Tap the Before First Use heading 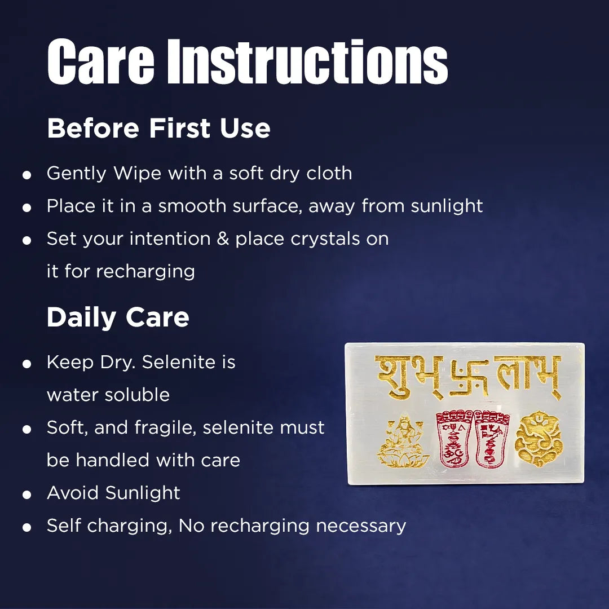158,129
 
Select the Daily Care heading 118,317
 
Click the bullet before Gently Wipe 27,175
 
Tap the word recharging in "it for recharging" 145,272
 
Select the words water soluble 108,395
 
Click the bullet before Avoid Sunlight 27,495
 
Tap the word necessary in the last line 361,526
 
